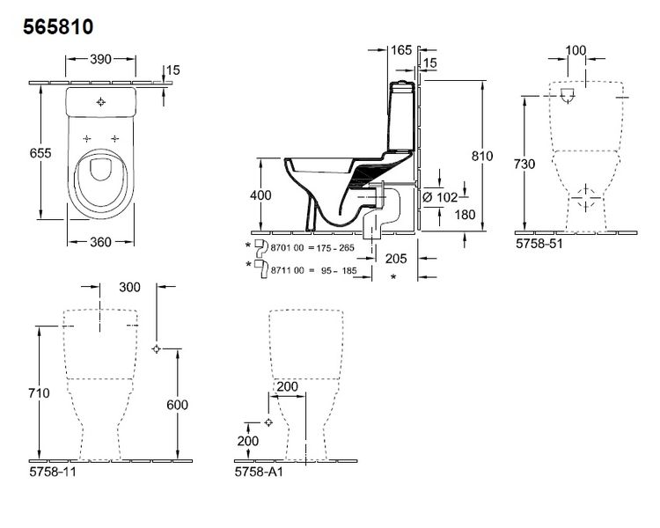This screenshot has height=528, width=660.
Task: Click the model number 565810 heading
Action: click(x=58, y=27)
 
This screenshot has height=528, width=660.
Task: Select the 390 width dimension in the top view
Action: click(x=100, y=59)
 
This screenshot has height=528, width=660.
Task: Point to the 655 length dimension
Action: click(x=40, y=153)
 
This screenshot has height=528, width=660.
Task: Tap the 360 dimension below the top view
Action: click(x=100, y=242)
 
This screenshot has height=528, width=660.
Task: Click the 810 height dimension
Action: click(x=482, y=156)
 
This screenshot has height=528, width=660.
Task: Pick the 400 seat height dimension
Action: click(x=260, y=195)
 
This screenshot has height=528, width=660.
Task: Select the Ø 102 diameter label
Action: click(x=440, y=196)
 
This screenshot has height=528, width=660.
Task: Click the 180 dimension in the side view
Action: click(x=466, y=215)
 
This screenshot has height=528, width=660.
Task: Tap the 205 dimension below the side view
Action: click(x=396, y=258)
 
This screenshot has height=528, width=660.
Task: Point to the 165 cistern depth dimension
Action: click(x=401, y=50)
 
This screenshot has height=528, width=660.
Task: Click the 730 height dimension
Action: click(x=524, y=164)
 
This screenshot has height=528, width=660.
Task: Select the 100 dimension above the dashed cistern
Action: click(x=576, y=50)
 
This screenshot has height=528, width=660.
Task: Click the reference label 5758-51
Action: click(x=539, y=244)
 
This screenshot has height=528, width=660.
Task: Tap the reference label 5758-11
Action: click(x=53, y=472)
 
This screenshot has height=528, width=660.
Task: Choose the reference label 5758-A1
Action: click(x=259, y=472)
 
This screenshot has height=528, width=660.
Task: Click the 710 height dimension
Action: click(x=39, y=392)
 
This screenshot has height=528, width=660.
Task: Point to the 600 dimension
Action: click(x=177, y=405)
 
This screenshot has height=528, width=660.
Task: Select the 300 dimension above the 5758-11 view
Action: click(x=129, y=287)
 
